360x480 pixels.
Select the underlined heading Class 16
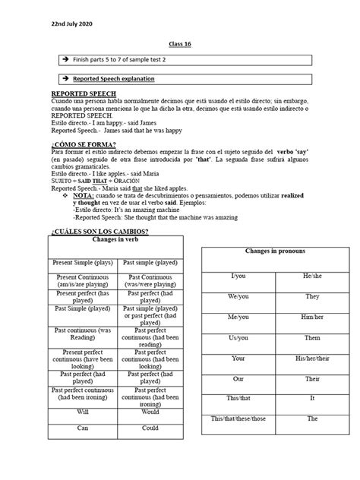pyautogui.click(x=179, y=45)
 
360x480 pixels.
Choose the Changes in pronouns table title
pyautogui.click(x=274, y=251)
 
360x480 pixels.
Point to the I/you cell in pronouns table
pyautogui.click(x=238, y=278)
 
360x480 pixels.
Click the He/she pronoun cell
pyautogui.click(x=313, y=278)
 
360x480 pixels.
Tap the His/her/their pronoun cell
pyautogui.click(x=313, y=358)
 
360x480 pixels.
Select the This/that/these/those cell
pyautogui.click(x=238, y=418)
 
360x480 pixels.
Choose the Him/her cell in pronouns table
pyautogui.click(x=313, y=317)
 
